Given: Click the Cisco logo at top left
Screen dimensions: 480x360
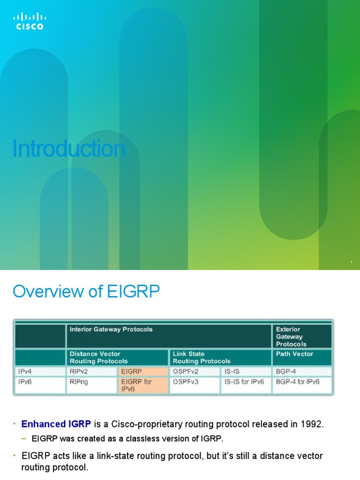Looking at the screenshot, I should [30, 21].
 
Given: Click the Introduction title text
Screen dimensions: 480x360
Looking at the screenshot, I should [69, 149].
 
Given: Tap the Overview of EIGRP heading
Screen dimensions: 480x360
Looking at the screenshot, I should [86, 292].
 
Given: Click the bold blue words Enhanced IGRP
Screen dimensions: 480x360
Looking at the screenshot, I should [57, 424].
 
